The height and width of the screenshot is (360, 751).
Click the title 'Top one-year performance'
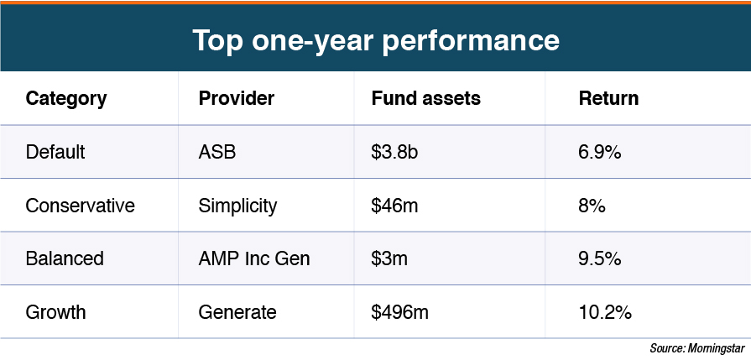click(375, 39)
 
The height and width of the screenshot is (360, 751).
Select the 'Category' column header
click(66, 98)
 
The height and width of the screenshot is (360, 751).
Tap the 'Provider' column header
click(236, 98)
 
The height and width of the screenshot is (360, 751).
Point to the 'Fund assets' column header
click(425, 98)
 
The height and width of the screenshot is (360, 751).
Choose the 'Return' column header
click(608, 98)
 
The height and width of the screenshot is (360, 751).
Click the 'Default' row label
click(55, 152)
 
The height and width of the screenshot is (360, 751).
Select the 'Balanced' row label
click(65, 258)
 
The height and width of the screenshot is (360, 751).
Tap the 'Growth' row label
click(55, 312)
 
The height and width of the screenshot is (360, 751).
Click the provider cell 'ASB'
click(216, 152)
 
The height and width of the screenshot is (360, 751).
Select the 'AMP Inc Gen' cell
click(254, 258)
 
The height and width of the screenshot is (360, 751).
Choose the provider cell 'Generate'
click(237, 312)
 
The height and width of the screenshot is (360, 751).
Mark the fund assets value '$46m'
click(394, 206)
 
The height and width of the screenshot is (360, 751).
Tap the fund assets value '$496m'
click(399, 312)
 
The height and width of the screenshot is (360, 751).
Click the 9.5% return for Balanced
click(599, 258)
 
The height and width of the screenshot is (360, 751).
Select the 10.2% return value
click(604, 312)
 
